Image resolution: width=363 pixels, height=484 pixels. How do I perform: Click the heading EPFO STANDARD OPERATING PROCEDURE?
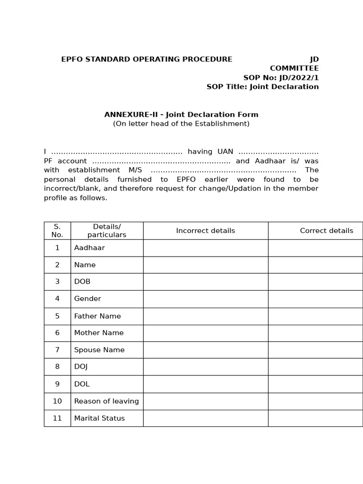[x=147, y=59]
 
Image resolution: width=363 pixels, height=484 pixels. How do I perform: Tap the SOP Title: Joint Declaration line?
[x=262, y=87]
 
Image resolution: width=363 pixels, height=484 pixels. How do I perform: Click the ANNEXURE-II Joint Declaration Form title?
[x=181, y=114]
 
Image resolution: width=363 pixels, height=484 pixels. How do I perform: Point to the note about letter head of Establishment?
[x=181, y=124]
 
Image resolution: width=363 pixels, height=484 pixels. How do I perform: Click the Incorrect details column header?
[x=205, y=231]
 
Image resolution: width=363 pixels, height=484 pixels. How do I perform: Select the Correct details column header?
[x=326, y=231]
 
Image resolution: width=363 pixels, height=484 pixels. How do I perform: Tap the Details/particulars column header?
[x=107, y=231]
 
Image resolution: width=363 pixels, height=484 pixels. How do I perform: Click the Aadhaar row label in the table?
[x=89, y=248]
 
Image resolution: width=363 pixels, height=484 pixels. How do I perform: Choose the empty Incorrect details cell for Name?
[x=205, y=265]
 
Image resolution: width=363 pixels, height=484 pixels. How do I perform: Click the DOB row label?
[x=82, y=282]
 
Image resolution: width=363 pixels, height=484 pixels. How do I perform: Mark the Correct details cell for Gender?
[x=315, y=299]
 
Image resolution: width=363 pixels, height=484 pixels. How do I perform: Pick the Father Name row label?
[x=97, y=316]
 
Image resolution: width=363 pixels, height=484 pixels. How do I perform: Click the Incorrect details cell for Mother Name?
[x=205, y=333]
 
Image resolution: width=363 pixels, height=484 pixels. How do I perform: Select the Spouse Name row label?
[x=99, y=350]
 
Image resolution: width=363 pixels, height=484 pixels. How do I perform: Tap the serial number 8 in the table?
[x=57, y=367]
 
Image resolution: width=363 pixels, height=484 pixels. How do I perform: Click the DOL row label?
[x=82, y=384]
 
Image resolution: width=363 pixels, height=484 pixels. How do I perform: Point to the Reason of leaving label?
[x=106, y=401]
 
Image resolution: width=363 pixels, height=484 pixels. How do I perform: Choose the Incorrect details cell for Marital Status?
[x=205, y=418]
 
